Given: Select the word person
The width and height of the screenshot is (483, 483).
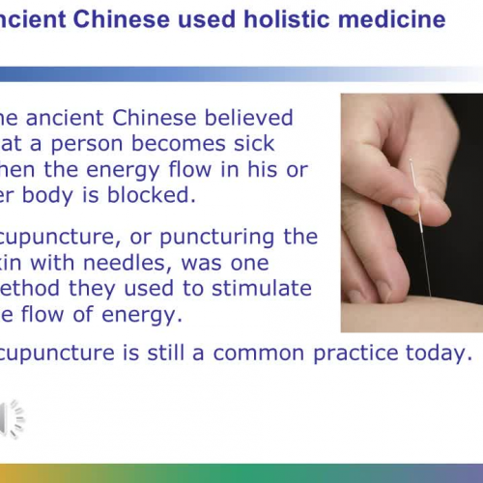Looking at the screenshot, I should pos(81,144).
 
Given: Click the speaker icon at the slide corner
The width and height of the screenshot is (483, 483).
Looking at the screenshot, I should pos(12,417).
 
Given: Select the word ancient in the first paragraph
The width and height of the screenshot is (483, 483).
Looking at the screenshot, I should pos(66,118).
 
